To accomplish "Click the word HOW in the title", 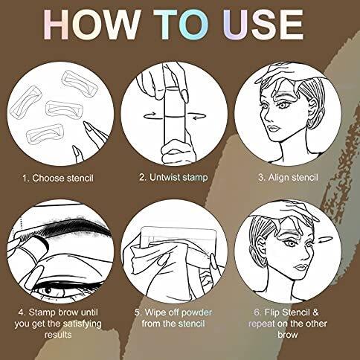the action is [x=91, y=25].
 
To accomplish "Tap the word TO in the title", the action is [x=181, y=25].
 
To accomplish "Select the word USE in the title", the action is [x=263, y=25].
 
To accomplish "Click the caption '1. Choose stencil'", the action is [x=58, y=179].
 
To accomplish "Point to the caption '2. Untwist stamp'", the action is [x=173, y=178].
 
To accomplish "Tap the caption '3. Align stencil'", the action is [x=288, y=178].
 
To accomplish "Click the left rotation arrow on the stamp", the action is [x=150, y=115].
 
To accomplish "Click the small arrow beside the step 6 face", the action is [x=325, y=240].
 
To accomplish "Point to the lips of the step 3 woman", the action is [x=274, y=129].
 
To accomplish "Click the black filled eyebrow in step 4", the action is [x=74, y=226].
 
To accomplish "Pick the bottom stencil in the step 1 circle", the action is [x=45, y=134].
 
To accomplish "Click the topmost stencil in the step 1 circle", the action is [x=80, y=83].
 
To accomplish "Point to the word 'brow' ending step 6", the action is [x=288, y=335].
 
